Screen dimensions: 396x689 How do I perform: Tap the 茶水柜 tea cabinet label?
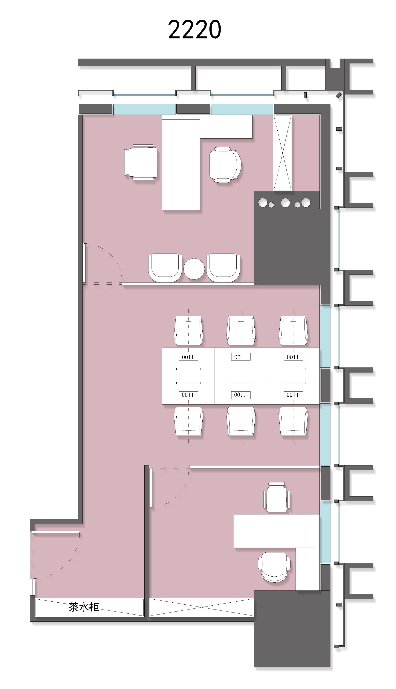tap(84, 607)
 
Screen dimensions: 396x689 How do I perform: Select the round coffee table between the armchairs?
tap(194, 269)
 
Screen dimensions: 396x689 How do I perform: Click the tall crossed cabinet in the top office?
tap(283, 153)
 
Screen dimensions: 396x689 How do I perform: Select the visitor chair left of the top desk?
tap(141, 162)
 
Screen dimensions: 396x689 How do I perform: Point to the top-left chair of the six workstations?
tap(188, 330)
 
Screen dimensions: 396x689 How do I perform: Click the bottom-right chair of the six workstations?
tap(293, 421)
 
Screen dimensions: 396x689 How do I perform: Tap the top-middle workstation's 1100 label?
tap(241, 357)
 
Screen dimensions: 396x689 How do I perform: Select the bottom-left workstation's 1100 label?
tap(188, 395)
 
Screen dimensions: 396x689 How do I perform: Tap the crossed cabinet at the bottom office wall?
tap(202, 607)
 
